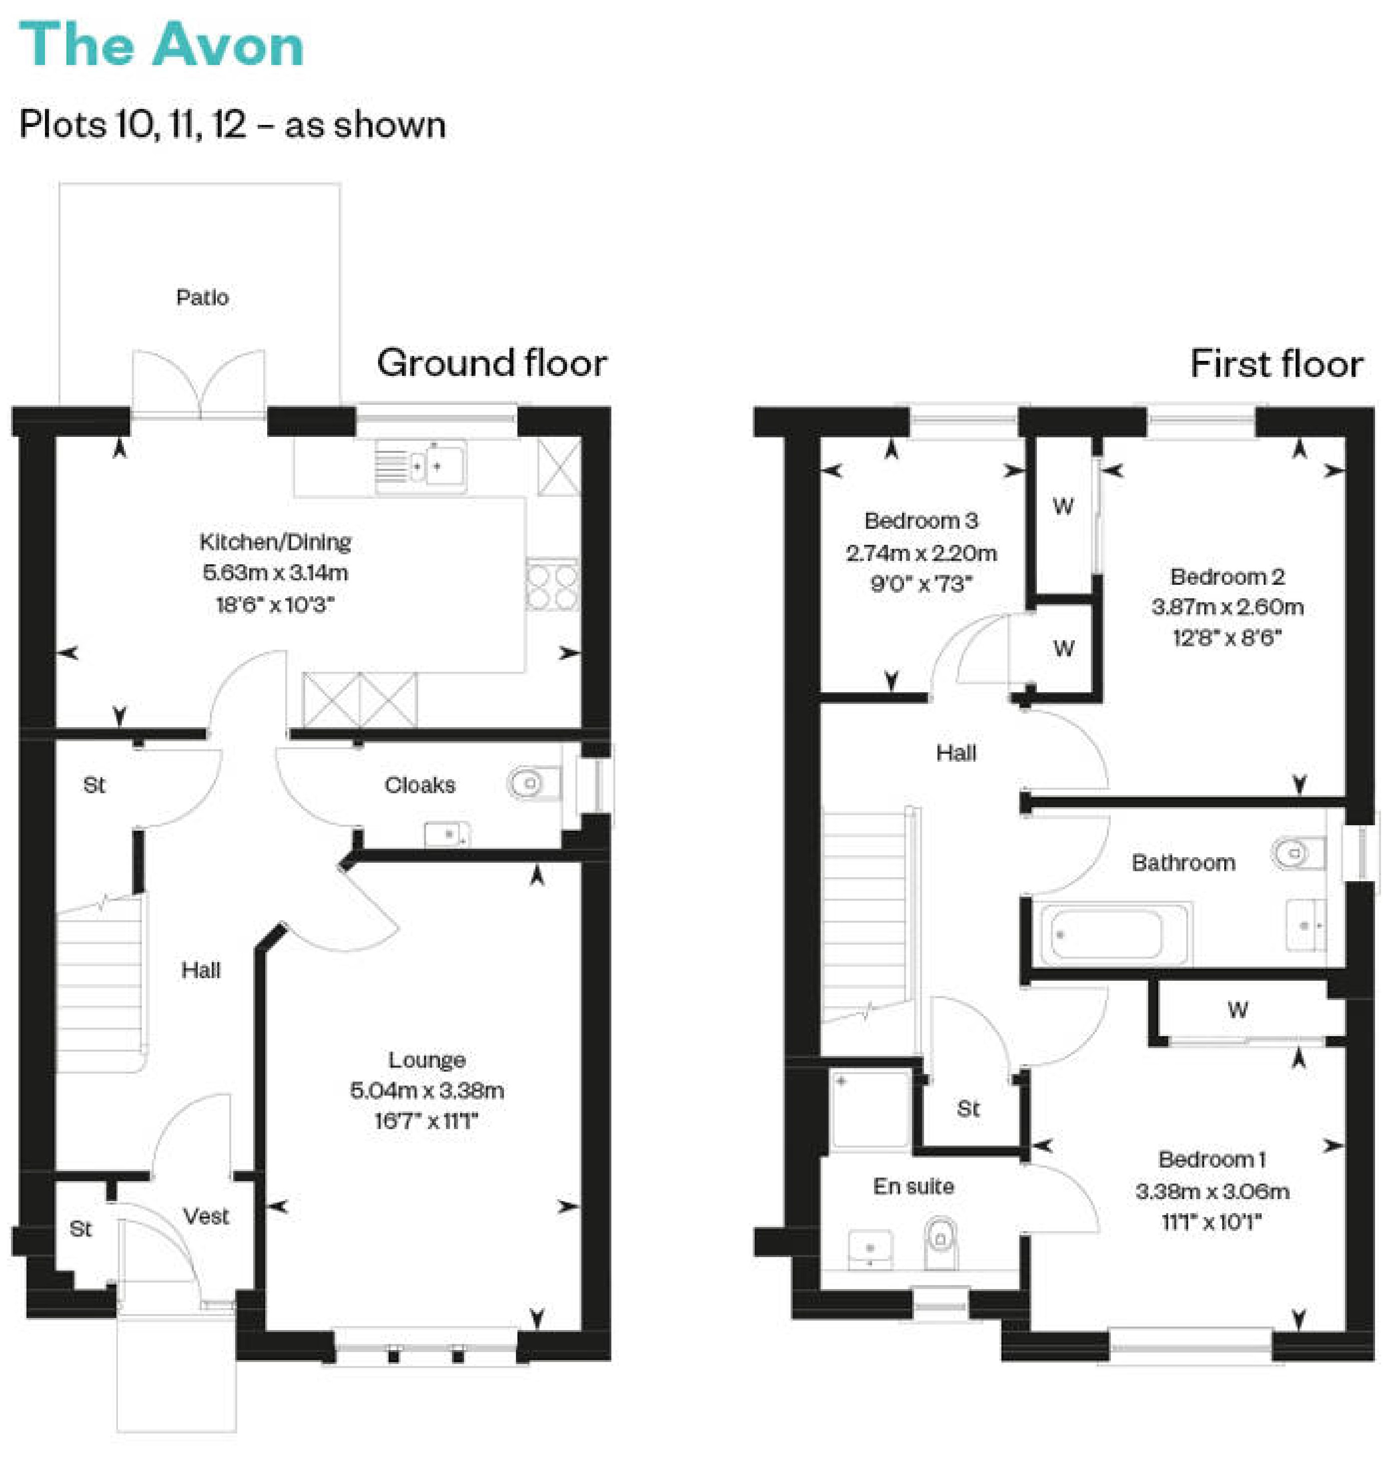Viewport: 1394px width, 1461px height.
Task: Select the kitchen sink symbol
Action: pos(421,466)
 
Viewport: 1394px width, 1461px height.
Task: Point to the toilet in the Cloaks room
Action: pos(533,783)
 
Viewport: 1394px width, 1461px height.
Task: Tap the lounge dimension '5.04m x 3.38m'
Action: pos(427,1091)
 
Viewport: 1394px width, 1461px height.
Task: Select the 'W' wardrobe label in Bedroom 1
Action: pos(1238,1009)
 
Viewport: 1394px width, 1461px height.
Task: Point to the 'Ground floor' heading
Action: pos(492,363)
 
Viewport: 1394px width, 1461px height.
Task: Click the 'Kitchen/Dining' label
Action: pos(275,542)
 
